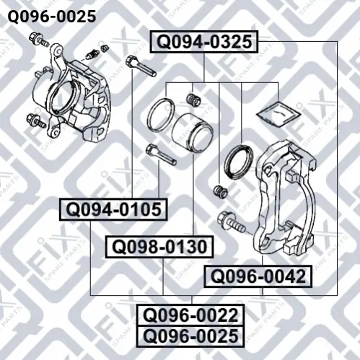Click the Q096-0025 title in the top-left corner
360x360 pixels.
pos(52,17)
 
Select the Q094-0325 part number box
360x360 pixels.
pos(204,42)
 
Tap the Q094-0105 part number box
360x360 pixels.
pos(113,209)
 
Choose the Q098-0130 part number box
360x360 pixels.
pos(159,247)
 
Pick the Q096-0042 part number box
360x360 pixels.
pos(258,276)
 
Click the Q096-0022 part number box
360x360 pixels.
pos(190,315)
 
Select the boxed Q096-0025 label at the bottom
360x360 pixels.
pos(190,336)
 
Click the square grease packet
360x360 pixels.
pos(278,114)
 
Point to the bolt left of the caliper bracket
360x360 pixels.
pos(231,222)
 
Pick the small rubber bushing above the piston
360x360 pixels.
pos(193,100)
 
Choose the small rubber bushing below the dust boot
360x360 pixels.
pos(221,192)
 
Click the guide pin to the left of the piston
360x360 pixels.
pos(161,154)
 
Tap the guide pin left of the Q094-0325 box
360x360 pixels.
pos(141,66)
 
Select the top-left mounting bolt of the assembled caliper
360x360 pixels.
pos(38,40)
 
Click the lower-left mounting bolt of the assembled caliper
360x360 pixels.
pos(36,120)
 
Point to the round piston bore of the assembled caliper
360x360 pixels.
pos(63,97)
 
